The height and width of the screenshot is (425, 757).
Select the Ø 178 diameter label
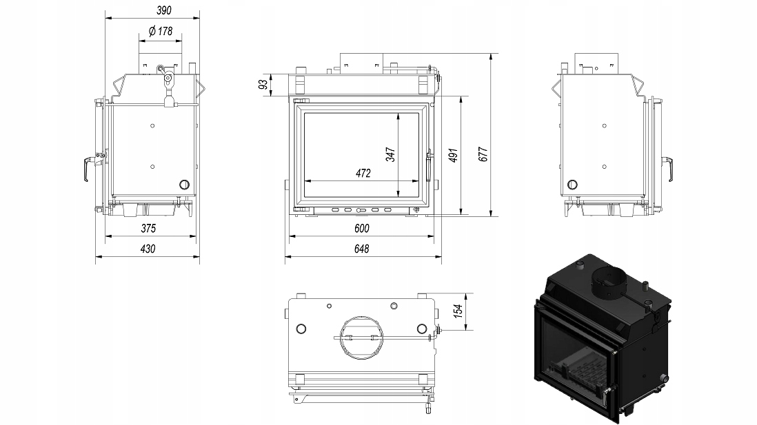tap(159, 31)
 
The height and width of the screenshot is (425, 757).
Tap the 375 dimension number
tap(148, 228)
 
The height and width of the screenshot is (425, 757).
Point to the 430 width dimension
tap(148, 249)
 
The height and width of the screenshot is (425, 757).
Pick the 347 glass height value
tap(390, 154)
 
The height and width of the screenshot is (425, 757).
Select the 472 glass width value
tap(363, 173)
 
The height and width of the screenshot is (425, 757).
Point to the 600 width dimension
tap(362, 228)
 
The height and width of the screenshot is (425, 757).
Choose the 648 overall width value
tap(362, 249)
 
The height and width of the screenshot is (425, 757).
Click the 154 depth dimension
tap(458, 311)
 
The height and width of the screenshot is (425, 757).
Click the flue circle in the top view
tap(361, 338)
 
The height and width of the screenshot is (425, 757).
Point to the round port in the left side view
tap(184, 184)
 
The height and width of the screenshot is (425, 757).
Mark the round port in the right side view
tap(572, 184)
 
